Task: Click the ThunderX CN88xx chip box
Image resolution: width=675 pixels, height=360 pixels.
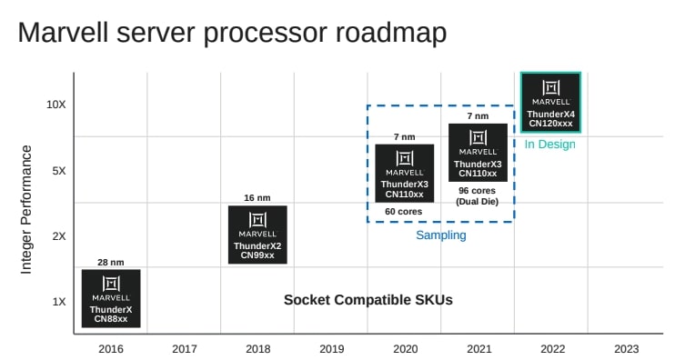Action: pyautogui.click(x=111, y=297)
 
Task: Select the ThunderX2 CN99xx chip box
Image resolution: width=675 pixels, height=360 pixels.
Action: pyautogui.click(x=257, y=235)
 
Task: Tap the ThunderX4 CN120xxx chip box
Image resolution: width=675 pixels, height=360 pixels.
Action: pyautogui.click(x=550, y=103)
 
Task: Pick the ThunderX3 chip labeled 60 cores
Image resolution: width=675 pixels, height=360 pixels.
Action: pyautogui.click(x=405, y=173)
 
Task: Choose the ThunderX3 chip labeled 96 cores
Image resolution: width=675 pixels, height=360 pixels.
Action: pyautogui.click(x=478, y=152)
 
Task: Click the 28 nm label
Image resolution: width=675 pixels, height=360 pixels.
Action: pyautogui.click(x=111, y=263)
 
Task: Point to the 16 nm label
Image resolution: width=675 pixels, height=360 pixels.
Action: pyautogui.click(x=257, y=197)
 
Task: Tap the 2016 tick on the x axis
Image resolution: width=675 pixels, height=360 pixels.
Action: pyautogui.click(x=111, y=348)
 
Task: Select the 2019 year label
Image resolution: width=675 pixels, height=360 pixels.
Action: pyautogui.click(x=331, y=348)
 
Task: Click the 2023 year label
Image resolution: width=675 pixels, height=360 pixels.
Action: pyautogui.click(x=626, y=348)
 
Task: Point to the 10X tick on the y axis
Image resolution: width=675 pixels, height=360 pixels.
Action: pyautogui.click(x=56, y=105)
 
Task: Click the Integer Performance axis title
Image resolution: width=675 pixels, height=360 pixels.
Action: pyautogui.click(x=27, y=208)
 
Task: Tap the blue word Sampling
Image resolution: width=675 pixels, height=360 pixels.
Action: pyautogui.click(x=440, y=235)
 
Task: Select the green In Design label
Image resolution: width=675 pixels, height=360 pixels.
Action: pyautogui.click(x=550, y=145)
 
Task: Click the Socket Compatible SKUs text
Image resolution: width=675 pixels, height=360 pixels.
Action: pyautogui.click(x=368, y=300)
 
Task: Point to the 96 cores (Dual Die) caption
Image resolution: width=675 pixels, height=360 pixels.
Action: pyautogui.click(x=477, y=196)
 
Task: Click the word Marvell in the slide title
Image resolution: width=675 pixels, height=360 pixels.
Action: pyautogui.click(x=71, y=33)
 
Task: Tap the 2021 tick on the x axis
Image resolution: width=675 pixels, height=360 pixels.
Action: pyautogui.click(x=478, y=348)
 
